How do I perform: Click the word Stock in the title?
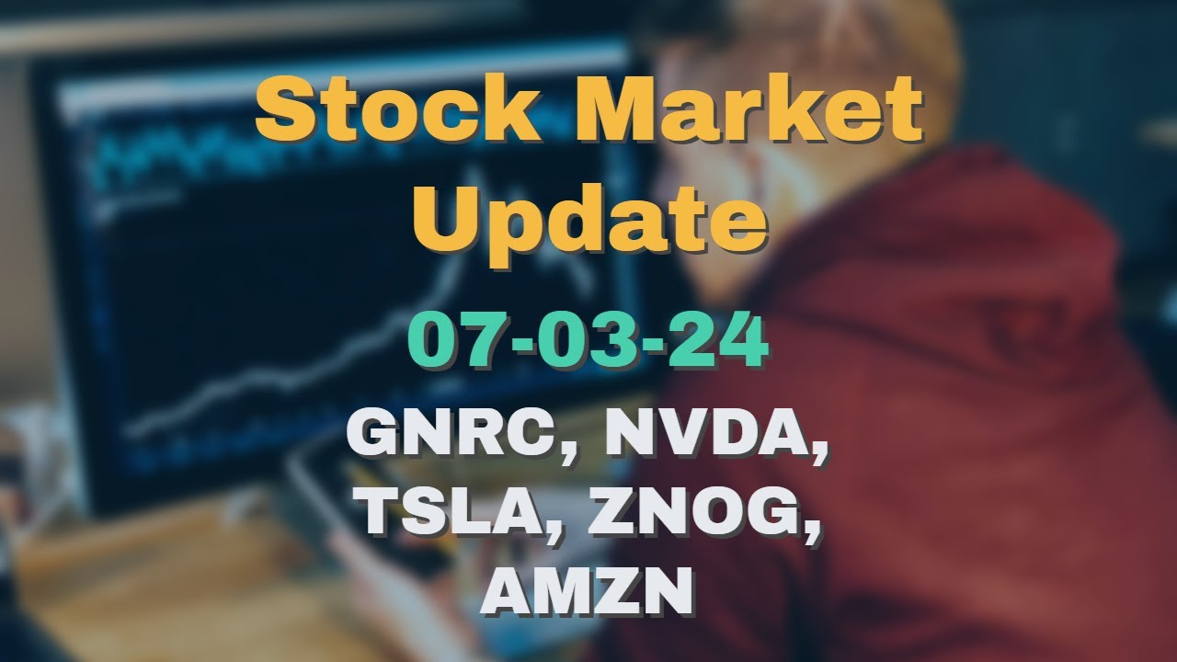coord(398,110)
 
